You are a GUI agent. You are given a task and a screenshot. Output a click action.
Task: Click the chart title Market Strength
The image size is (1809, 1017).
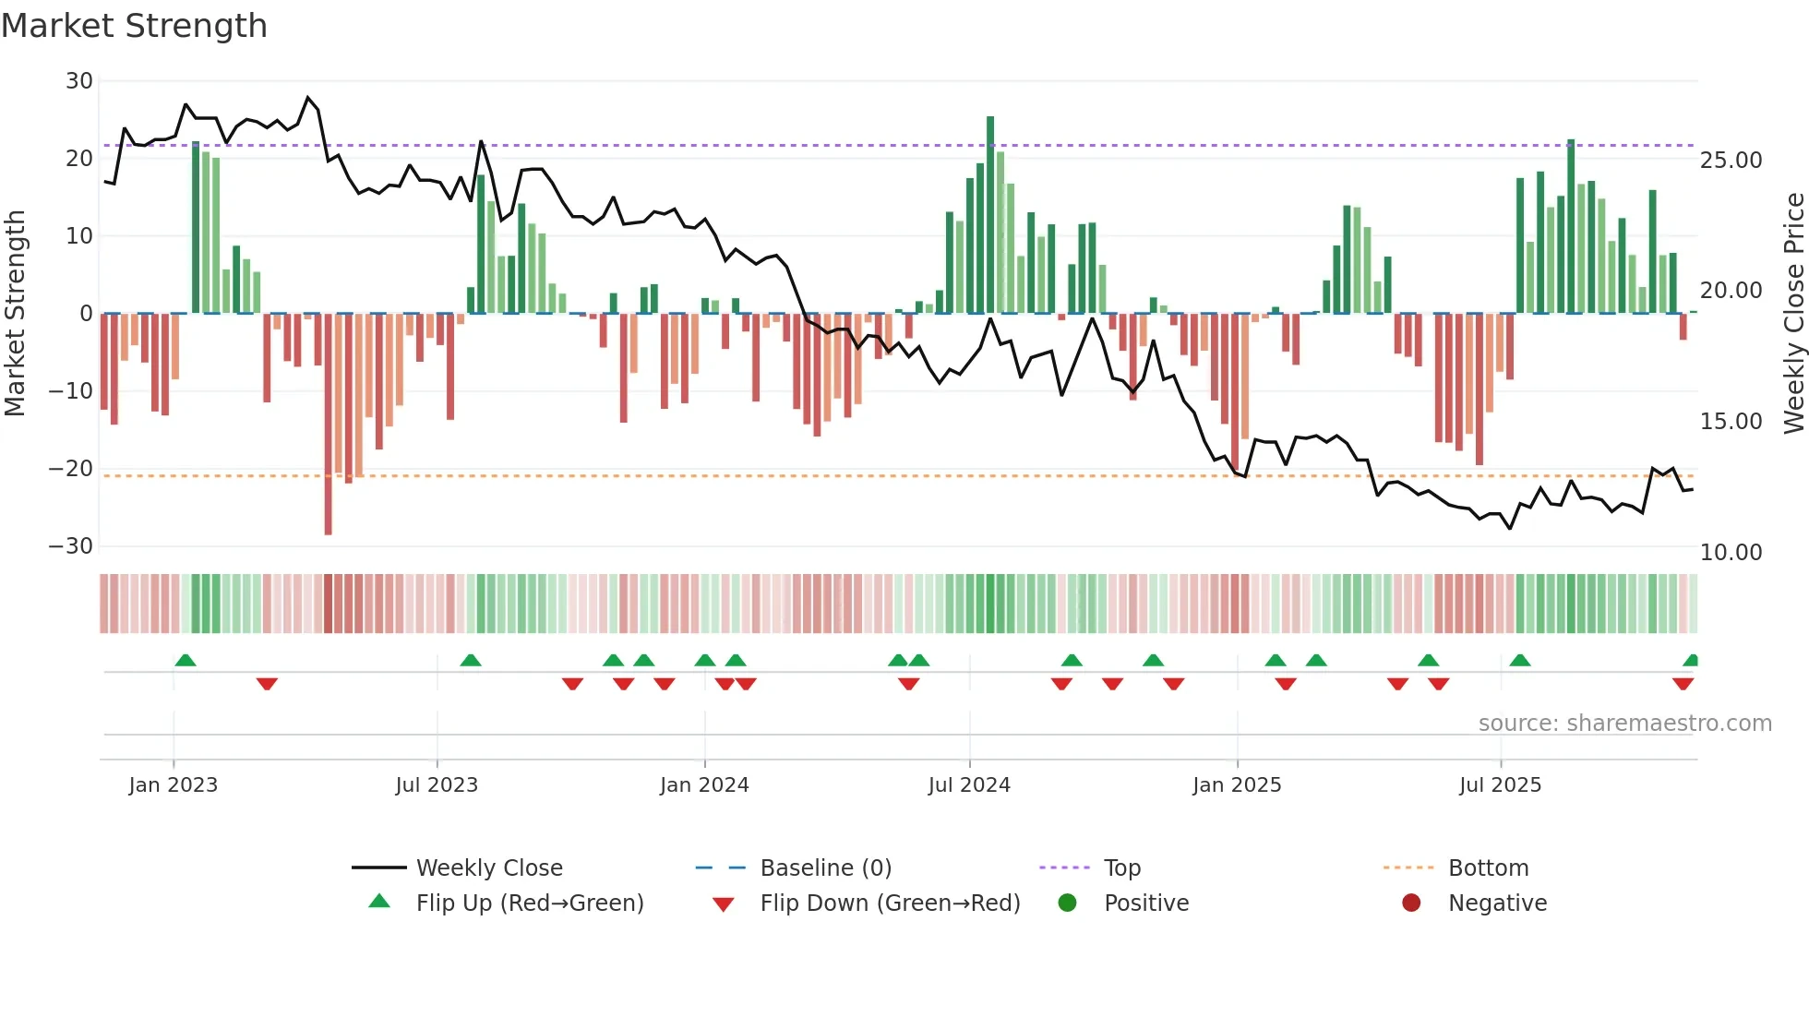pyautogui.click(x=134, y=26)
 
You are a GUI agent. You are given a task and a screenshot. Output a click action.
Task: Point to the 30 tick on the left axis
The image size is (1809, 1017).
pyautogui.click(x=79, y=81)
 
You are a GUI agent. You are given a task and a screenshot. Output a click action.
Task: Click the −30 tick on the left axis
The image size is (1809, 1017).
pyautogui.click(x=72, y=546)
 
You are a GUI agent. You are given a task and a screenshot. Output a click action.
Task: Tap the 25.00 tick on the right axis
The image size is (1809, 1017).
pyautogui.click(x=1731, y=161)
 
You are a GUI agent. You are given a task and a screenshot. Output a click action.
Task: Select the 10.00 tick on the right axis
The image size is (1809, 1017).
pyautogui.click(x=1731, y=553)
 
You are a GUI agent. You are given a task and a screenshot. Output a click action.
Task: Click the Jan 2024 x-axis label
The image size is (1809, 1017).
pyautogui.click(x=704, y=785)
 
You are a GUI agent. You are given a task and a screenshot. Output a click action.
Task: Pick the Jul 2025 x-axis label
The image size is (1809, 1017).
pyautogui.click(x=1500, y=785)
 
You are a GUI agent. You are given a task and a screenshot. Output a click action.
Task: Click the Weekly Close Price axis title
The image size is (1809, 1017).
pyautogui.click(x=1793, y=314)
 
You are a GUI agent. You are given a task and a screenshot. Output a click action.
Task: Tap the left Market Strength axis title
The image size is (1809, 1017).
pyautogui.click(x=16, y=314)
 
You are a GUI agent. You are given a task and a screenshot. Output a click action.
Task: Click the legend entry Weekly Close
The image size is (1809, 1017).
pyautogui.click(x=489, y=868)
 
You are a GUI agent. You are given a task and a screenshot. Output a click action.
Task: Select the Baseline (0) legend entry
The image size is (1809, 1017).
pyautogui.click(x=825, y=868)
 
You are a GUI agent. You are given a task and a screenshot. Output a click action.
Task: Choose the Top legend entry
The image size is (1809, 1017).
pyautogui.click(x=1122, y=868)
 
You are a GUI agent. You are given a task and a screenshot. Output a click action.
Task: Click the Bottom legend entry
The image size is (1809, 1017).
pyautogui.click(x=1488, y=868)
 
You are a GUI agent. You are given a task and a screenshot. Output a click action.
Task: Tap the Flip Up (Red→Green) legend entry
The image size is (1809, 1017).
pyautogui.click(x=529, y=903)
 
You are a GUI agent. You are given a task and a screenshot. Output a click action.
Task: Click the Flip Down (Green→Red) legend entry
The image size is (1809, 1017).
pyautogui.click(x=890, y=903)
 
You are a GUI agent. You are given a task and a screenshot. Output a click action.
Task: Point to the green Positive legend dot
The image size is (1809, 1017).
pyautogui.click(x=1068, y=903)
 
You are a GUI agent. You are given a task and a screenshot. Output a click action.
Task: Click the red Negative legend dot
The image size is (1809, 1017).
pyautogui.click(x=1411, y=903)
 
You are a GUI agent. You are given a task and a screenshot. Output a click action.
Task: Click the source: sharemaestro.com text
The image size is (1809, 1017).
pyautogui.click(x=1624, y=724)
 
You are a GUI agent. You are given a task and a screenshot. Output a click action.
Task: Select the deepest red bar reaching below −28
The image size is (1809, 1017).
pyautogui.click(x=329, y=425)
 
